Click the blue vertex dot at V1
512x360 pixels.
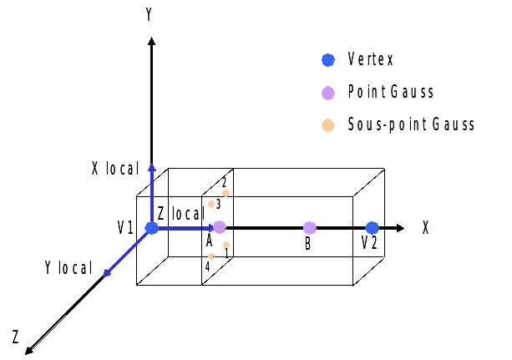click(151, 228)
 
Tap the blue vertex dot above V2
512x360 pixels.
click(372, 227)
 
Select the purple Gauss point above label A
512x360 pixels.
click(220, 227)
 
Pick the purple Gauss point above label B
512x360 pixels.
click(310, 227)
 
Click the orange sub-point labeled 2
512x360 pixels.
click(226, 193)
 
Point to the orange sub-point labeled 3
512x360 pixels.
click(211, 204)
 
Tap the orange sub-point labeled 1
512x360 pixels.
click(226, 245)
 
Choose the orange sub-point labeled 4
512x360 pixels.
click(211, 256)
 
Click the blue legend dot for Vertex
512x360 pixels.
click(328, 60)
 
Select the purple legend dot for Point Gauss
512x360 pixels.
click(328, 92)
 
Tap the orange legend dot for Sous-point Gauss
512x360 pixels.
click(328, 124)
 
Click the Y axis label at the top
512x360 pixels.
click(149, 14)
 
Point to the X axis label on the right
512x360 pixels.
click(425, 227)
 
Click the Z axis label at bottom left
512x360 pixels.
click(15, 337)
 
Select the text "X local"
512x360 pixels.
click(114, 169)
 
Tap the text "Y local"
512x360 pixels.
click(68, 267)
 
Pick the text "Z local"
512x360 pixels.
click(180, 215)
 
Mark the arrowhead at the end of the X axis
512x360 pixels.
click(401, 227)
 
